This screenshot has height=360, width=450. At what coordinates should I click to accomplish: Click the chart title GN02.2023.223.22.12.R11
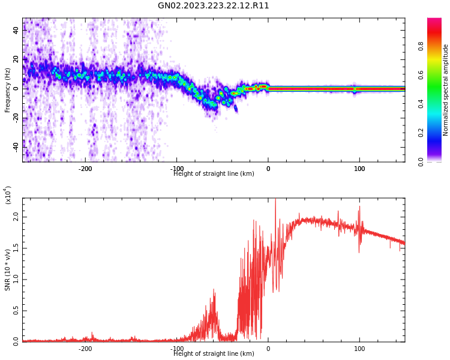pyautogui.click(x=214, y=6)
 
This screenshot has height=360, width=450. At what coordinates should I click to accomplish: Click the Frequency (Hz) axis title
pyautogui.click(x=8, y=90)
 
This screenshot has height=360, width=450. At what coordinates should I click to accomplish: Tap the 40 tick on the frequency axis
pyautogui.click(x=16, y=31)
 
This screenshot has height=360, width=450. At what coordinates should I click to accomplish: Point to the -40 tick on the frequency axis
pyautogui.click(x=15, y=146)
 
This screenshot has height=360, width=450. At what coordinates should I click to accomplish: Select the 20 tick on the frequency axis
pyautogui.click(x=16, y=59)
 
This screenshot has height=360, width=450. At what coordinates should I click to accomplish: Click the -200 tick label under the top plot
pyautogui.click(x=85, y=169)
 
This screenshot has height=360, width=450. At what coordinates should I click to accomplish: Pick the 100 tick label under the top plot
pyautogui.click(x=359, y=169)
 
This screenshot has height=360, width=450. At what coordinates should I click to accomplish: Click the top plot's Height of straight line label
pyautogui.click(x=214, y=174)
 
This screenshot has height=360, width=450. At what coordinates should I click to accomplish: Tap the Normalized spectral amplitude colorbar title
pyautogui.click(x=446, y=90)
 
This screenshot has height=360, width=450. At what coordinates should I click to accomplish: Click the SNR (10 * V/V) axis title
pyautogui.click(x=8, y=269)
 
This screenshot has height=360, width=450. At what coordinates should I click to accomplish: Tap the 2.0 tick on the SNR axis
pyautogui.click(x=16, y=218)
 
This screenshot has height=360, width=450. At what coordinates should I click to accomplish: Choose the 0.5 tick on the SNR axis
pyautogui.click(x=16, y=311)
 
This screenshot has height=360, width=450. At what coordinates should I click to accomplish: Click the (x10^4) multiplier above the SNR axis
pyautogui.click(x=8, y=196)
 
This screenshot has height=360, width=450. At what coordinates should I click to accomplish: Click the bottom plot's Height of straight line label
pyautogui.click(x=214, y=354)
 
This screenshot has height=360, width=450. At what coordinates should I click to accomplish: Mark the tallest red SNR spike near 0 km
pyautogui.click(x=275, y=200)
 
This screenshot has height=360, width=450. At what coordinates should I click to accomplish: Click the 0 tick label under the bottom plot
pyautogui.click(x=268, y=349)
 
